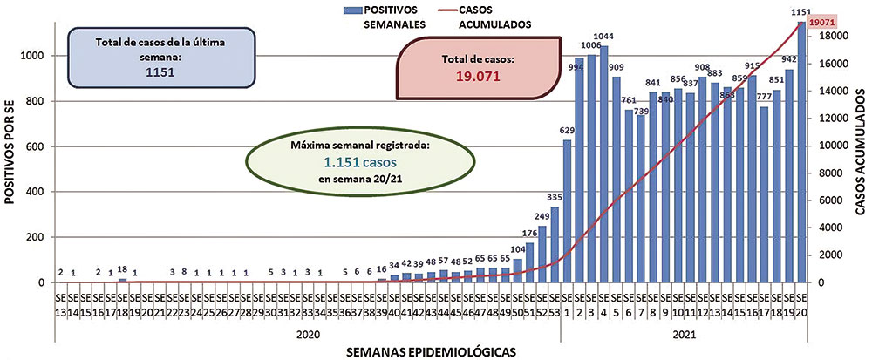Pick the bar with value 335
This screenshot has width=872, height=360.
click(555, 245)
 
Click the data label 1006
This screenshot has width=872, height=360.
click(591, 45)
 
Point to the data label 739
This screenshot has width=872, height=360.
click(641, 111)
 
